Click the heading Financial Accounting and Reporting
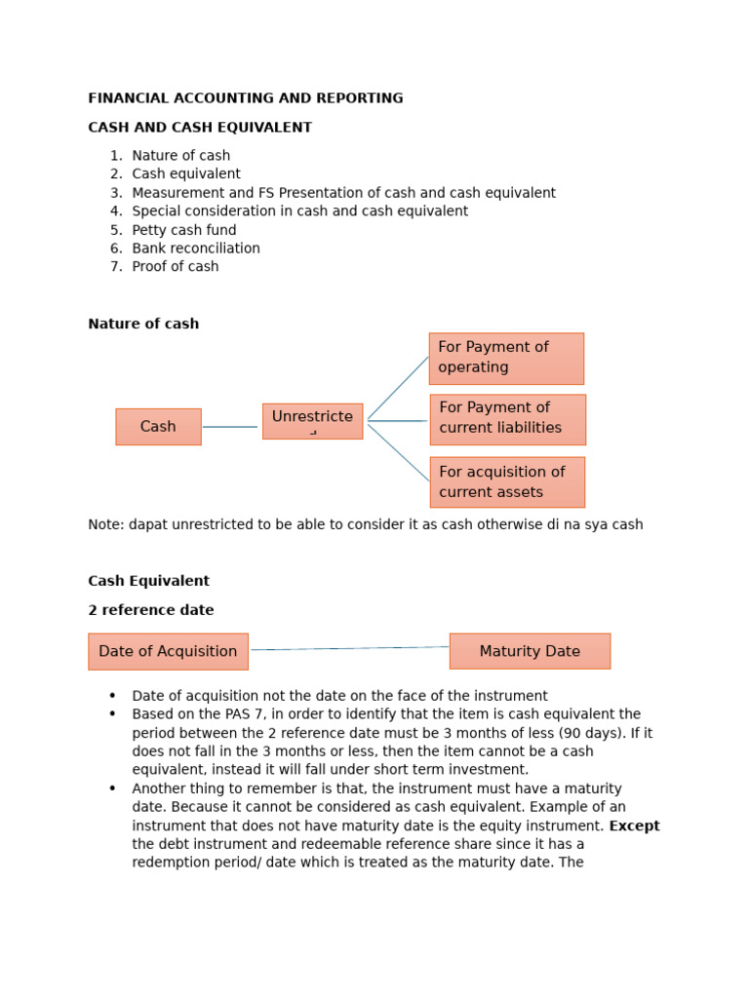245,98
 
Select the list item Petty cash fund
183,230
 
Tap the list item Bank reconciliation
196,249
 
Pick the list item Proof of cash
175,267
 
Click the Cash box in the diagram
158,427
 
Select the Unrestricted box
312,421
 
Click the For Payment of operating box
506,359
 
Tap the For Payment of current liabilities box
507,419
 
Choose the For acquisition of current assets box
507,482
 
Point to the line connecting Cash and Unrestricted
231,427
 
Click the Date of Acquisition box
168,651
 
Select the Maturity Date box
530,651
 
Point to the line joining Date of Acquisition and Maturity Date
349,648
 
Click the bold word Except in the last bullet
634,825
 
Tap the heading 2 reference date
150,610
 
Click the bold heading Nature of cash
143,324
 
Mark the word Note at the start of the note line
103,524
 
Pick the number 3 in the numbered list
116,193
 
